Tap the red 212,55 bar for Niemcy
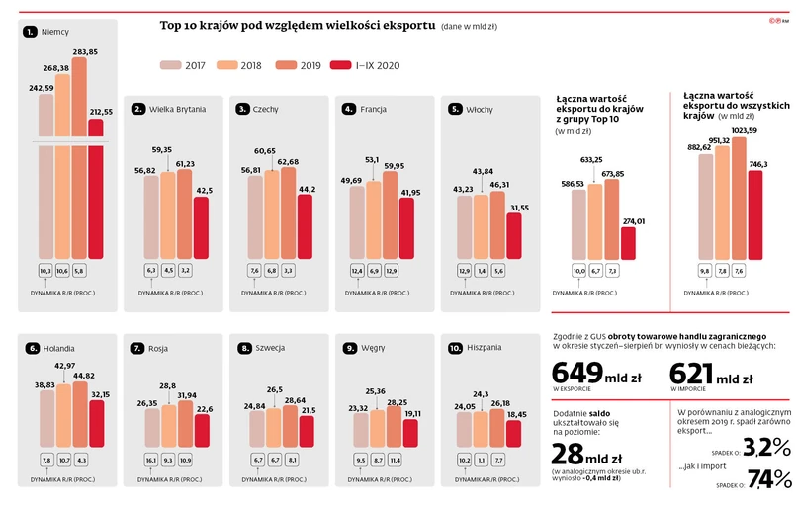(95, 198)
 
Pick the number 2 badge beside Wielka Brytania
(138, 109)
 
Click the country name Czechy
(265, 109)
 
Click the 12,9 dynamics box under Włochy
(465, 271)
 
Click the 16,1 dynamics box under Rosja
(151, 459)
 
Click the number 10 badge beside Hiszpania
(455, 348)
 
